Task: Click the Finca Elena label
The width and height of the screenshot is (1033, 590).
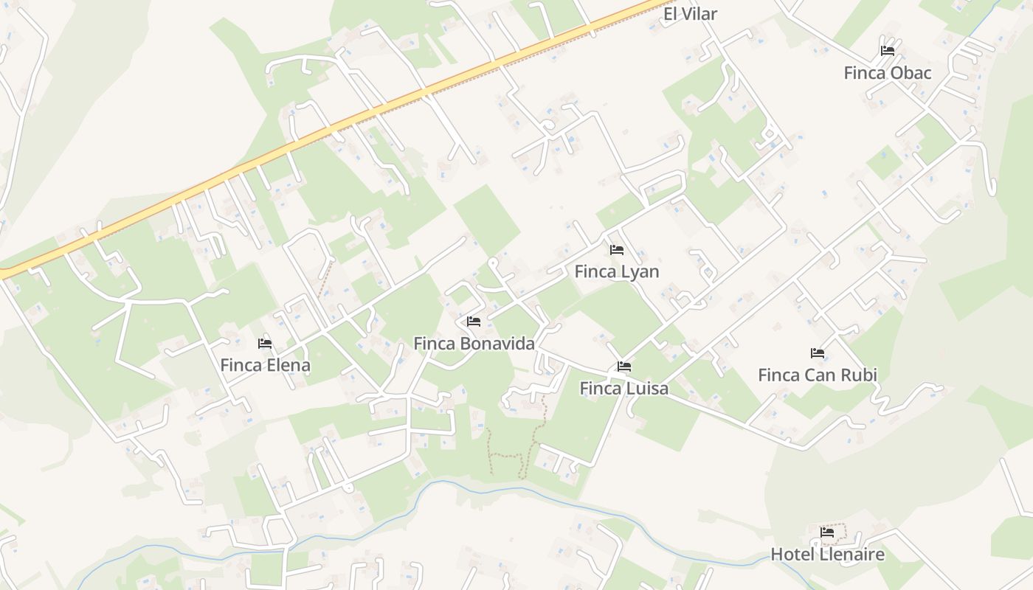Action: click(265, 365)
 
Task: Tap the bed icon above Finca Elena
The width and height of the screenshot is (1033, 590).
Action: click(265, 344)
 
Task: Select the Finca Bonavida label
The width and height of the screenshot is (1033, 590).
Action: click(474, 344)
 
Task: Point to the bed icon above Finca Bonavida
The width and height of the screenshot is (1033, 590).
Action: click(474, 322)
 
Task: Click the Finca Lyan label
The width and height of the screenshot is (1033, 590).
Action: click(617, 271)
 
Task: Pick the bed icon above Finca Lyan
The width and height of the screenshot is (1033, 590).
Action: click(617, 250)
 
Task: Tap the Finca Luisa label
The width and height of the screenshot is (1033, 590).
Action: click(623, 388)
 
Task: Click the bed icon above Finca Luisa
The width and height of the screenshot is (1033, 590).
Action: click(624, 367)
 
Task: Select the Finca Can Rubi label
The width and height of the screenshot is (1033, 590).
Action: click(818, 375)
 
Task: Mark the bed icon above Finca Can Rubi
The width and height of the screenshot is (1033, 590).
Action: click(817, 353)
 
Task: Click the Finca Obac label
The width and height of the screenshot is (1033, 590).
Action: click(888, 73)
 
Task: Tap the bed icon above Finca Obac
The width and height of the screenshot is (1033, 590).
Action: click(888, 51)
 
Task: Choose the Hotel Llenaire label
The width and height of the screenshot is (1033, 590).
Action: click(827, 555)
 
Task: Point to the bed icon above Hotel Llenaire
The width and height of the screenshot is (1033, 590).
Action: click(827, 532)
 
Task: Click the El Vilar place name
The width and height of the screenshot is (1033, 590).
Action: click(690, 14)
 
